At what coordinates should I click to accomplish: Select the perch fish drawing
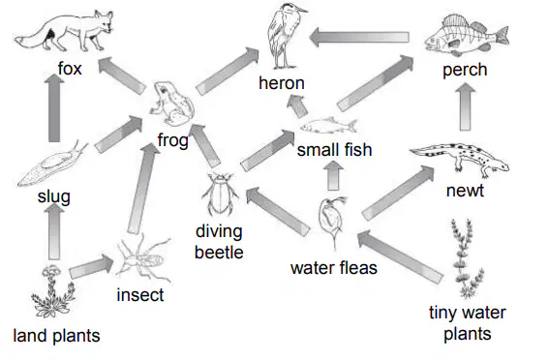click(x=467, y=36)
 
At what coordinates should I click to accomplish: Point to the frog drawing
click(x=172, y=104)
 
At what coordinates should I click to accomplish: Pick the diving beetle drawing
click(x=220, y=194)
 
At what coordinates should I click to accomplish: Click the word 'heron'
click(x=282, y=83)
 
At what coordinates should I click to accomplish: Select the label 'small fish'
click(x=334, y=150)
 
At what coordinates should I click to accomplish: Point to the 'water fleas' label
click(x=334, y=268)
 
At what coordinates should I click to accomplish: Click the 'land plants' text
click(x=56, y=336)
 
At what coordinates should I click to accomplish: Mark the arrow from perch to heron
click(x=359, y=37)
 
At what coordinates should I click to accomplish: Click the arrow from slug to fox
click(x=54, y=107)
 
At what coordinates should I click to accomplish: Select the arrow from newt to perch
click(x=465, y=106)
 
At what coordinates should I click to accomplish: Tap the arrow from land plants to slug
click(x=54, y=231)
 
